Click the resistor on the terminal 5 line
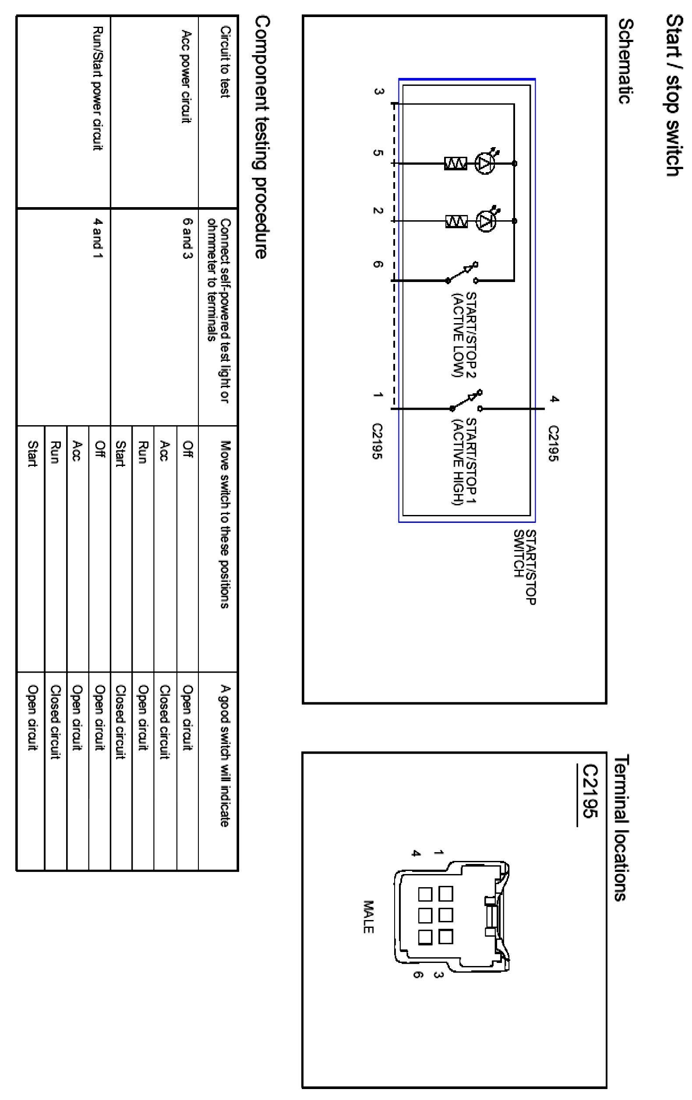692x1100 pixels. coord(455,163)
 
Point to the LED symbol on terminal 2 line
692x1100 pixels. coord(486,221)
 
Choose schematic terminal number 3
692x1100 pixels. coord(379,92)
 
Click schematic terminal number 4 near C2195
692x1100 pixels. coord(553,399)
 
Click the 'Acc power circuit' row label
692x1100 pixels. coord(187,76)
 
